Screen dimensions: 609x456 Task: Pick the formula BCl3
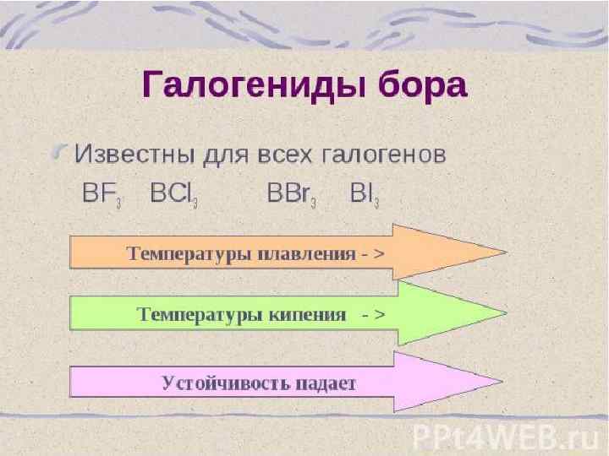(x=173, y=193)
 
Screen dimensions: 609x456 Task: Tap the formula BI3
(x=365, y=193)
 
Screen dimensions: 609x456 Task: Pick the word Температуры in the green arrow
(x=189, y=315)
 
